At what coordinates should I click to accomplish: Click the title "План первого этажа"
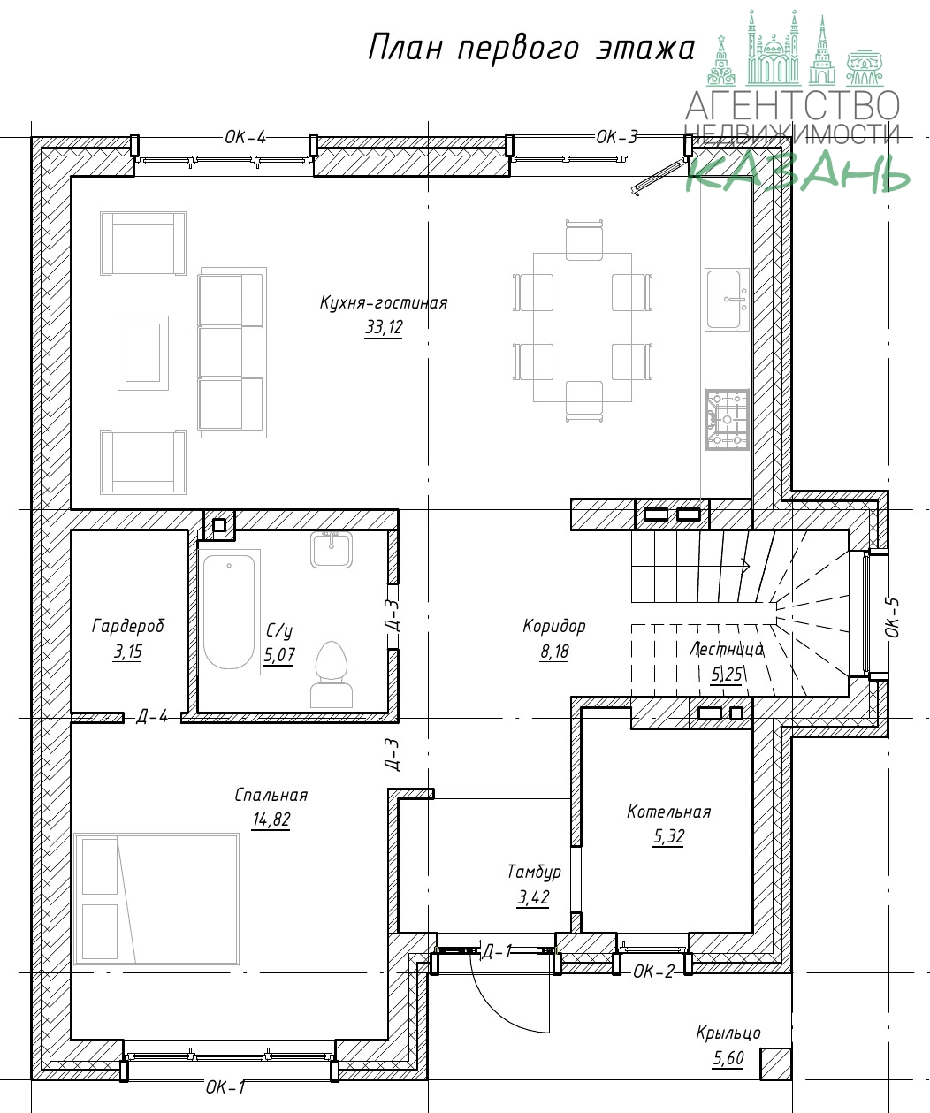(531, 49)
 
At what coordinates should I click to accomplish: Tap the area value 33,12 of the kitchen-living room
(384, 327)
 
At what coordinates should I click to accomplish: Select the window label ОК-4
(245, 138)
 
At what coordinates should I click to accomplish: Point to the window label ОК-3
(617, 138)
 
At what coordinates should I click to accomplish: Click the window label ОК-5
(892, 617)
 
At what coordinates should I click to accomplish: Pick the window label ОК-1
(226, 1086)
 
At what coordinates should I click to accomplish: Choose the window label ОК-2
(654, 972)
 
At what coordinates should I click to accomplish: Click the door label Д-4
(152, 717)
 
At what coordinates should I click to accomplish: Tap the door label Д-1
(497, 951)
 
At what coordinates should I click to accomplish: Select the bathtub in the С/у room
(229, 612)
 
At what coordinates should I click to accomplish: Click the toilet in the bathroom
(331, 675)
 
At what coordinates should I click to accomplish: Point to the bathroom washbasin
(331, 550)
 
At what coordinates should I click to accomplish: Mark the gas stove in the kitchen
(728, 420)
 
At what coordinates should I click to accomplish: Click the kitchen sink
(727, 299)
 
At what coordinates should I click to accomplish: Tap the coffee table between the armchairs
(143, 353)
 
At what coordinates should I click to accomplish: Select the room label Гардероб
(128, 626)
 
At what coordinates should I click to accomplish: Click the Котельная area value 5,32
(669, 836)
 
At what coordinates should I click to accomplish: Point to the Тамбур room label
(533, 872)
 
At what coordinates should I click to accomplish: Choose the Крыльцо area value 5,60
(728, 1058)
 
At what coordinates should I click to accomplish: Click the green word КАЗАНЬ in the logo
(797, 172)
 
